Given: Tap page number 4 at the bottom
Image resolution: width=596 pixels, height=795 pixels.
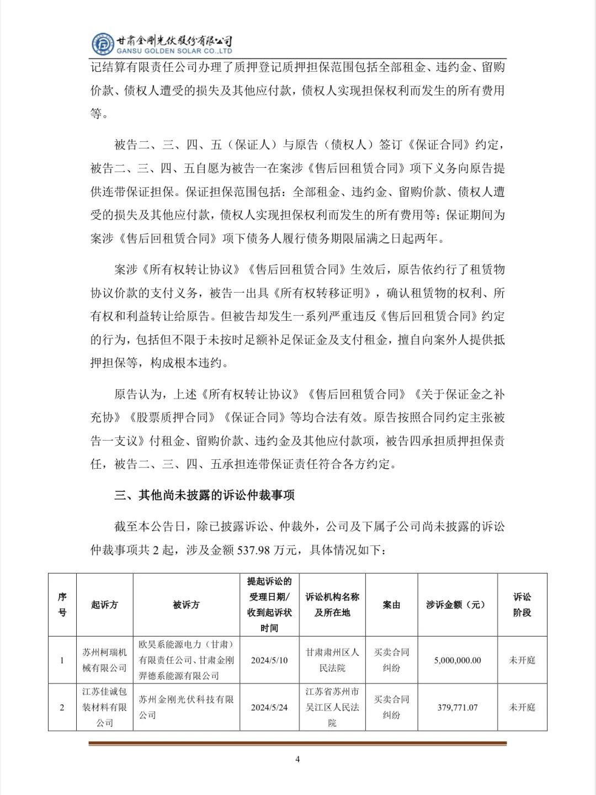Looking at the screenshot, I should (297, 759).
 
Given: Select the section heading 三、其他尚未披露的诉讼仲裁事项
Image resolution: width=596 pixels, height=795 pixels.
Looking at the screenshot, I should (205, 495).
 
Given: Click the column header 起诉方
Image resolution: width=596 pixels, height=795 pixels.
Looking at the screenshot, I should (104, 605).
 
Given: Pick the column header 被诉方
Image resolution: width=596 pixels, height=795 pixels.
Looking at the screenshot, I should (186, 605).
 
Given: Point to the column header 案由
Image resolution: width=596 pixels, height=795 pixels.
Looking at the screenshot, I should (391, 605).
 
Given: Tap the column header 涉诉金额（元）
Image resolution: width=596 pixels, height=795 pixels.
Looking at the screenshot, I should (457, 605).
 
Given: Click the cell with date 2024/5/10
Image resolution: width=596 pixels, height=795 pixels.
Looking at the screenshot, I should (269, 660).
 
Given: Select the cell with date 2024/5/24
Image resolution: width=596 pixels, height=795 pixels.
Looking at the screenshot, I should (269, 707).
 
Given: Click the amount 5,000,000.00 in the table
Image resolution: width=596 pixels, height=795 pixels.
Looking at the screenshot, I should (457, 660).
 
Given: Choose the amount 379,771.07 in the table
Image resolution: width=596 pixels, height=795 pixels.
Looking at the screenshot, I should (457, 707).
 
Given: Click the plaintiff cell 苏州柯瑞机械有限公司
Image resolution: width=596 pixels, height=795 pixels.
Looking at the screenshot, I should (104, 660).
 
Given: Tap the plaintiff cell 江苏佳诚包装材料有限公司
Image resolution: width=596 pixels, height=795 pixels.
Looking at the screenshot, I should (104, 707).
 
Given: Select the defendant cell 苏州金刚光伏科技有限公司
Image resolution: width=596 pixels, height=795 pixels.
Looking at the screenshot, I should (186, 707).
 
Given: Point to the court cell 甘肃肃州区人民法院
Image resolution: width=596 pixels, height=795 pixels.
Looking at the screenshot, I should (332, 660).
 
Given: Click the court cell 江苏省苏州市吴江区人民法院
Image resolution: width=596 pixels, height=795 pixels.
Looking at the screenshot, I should (332, 707).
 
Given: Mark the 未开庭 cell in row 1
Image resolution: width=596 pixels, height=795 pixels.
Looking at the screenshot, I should (522, 660).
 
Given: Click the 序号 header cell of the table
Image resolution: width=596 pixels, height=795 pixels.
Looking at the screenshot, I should (62, 605).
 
